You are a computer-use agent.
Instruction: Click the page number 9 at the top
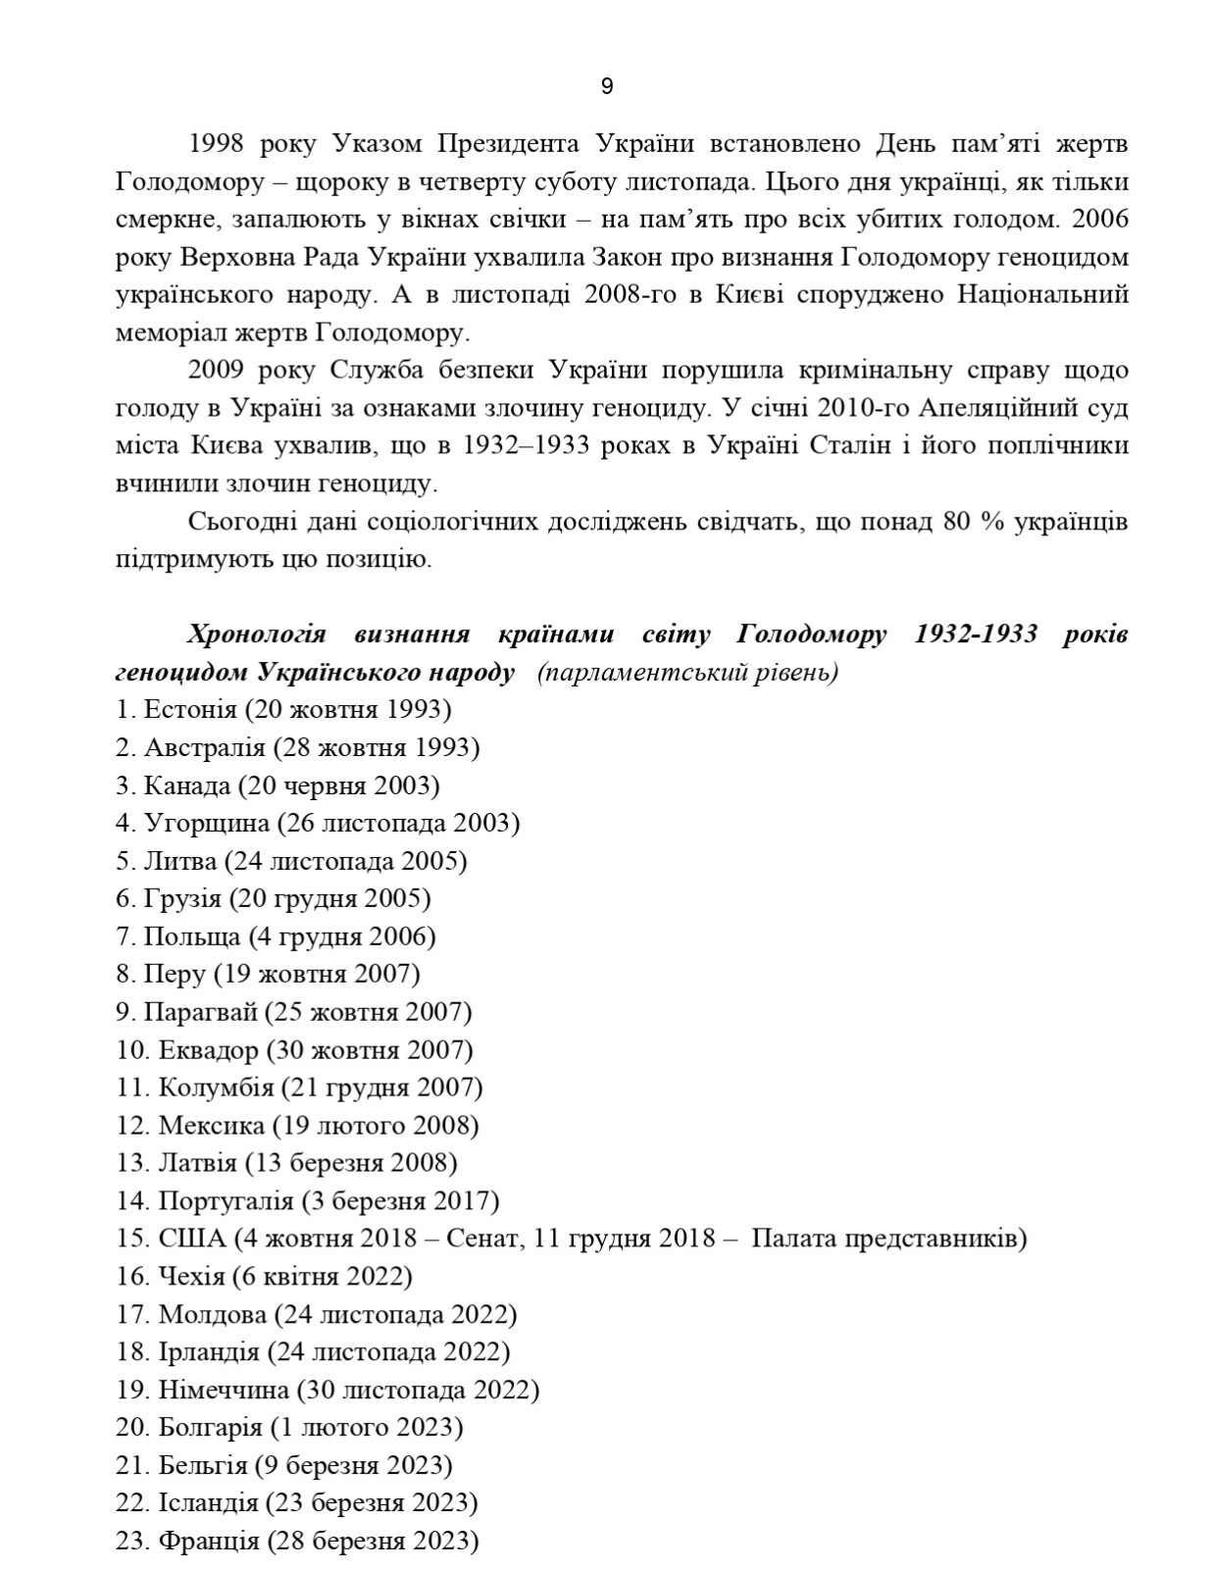click(606, 87)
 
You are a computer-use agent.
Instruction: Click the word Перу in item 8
click(175, 974)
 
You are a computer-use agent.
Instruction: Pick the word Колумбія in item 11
click(216, 1088)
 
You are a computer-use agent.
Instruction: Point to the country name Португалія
click(226, 1201)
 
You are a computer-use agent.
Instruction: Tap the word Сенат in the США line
click(479, 1239)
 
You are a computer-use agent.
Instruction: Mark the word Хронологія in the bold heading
click(256, 634)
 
